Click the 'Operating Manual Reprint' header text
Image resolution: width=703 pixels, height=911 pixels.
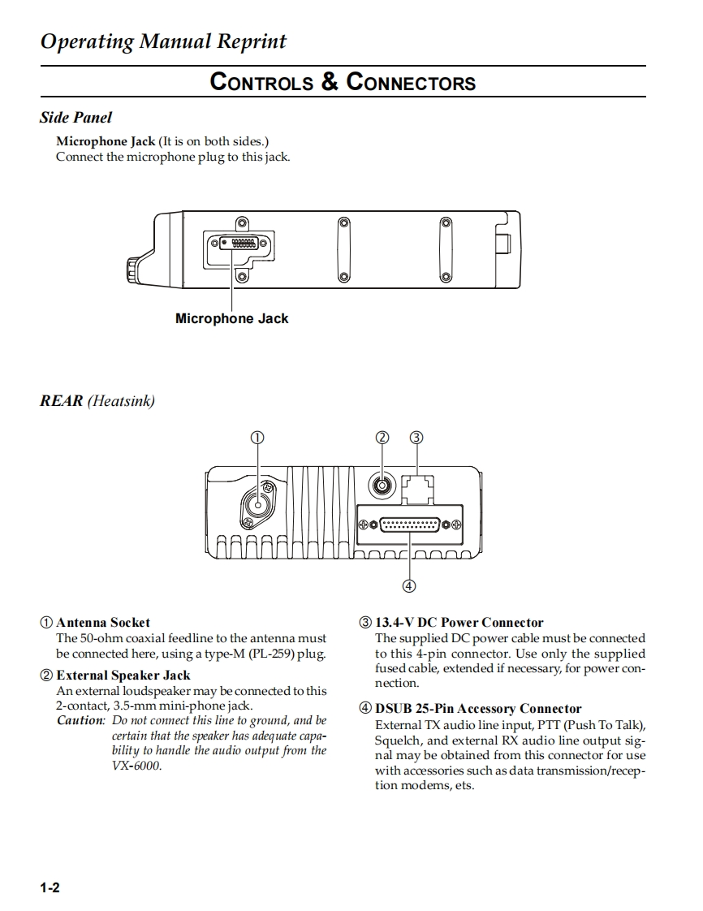[x=163, y=41]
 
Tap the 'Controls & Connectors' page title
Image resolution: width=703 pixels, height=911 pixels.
[x=343, y=82]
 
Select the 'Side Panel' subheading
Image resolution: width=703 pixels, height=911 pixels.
[x=75, y=118]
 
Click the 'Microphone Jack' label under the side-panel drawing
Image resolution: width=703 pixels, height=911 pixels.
[x=231, y=319]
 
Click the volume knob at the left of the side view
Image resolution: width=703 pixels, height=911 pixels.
[x=132, y=269]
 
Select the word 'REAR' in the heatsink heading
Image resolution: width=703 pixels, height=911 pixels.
[x=62, y=401]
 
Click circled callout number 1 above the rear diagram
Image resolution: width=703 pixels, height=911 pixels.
[x=257, y=438]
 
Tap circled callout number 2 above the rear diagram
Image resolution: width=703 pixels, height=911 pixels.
[x=383, y=438]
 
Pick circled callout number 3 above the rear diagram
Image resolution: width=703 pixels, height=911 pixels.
[x=416, y=438]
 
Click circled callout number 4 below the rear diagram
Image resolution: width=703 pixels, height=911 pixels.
[x=409, y=585]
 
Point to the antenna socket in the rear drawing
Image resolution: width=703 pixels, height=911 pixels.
[x=259, y=507]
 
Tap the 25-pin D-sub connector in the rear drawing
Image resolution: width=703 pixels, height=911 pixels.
[x=410, y=525]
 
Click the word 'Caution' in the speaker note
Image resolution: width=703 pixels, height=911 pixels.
[x=80, y=721]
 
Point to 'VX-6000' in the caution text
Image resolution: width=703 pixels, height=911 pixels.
[x=136, y=766]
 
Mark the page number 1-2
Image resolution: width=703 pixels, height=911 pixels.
[x=50, y=888]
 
